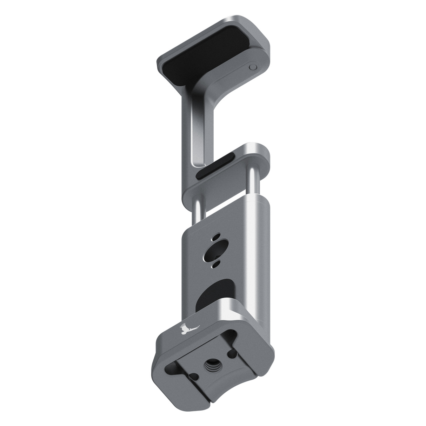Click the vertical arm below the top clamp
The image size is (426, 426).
point(188,126)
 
